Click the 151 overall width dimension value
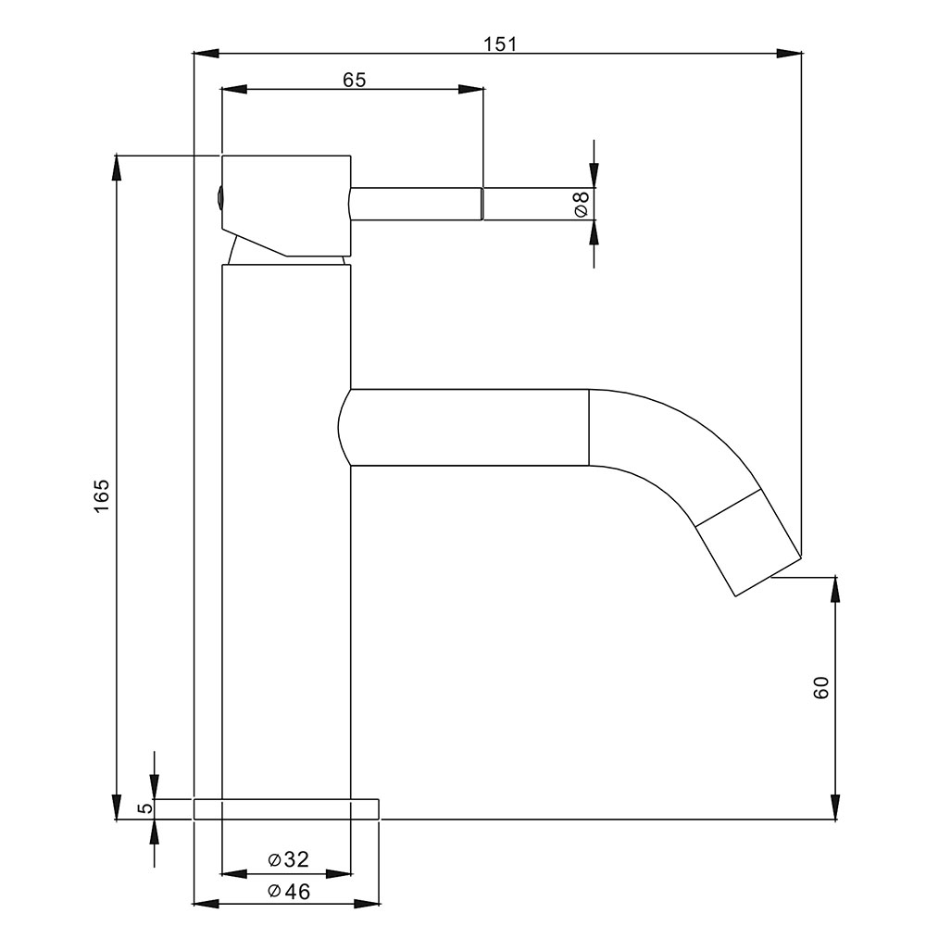pos(500,44)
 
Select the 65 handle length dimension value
pos(355,80)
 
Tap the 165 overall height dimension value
pos(102,495)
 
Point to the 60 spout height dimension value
pos(821,688)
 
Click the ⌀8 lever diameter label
pos(582,204)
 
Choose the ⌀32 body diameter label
pos(288,859)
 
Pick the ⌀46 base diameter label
pos(288,891)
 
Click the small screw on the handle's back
pos(219,195)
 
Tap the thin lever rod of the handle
pos(417,204)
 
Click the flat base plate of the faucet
pos(286,809)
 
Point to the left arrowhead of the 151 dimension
pos(206,53)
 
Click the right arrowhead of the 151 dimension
pos(789,53)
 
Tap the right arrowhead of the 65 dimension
pos(470,89)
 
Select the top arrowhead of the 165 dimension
pos(117,168)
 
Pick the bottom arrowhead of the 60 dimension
pos(835,807)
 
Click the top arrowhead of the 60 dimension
pos(835,589)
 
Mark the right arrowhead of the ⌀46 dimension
pos(366,904)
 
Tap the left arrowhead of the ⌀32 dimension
pos(234,873)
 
